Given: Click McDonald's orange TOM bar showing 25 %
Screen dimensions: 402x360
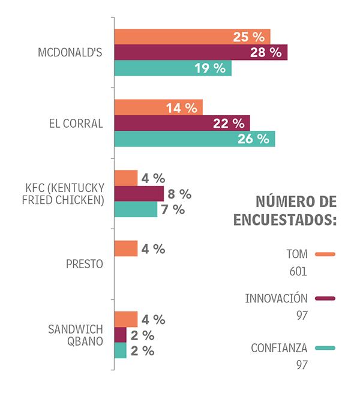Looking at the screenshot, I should click(x=192, y=37).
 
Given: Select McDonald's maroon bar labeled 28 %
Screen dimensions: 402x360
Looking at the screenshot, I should click(x=200, y=52).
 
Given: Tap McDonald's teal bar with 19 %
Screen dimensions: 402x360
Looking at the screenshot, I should click(x=173, y=68).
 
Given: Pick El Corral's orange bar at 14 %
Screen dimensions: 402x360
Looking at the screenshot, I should click(x=158, y=107).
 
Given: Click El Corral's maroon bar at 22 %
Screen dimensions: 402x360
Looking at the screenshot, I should click(x=182, y=123).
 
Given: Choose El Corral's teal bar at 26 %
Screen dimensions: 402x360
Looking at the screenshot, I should click(x=194, y=139).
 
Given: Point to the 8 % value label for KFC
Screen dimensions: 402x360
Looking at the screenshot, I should click(x=179, y=194).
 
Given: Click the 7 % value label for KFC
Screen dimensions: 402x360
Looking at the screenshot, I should click(x=173, y=209).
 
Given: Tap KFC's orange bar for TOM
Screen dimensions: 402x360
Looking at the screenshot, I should click(x=126, y=178).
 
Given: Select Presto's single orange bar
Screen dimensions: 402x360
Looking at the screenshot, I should click(x=126, y=248).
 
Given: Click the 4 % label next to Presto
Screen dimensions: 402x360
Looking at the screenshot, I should click(x=153, y=248).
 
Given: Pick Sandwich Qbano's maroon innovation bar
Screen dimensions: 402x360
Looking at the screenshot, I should click(x=121, y=335).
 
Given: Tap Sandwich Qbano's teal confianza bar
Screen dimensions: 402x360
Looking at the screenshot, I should click(x=121, y=350).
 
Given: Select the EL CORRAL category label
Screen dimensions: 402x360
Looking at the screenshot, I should click(x=76, y=124).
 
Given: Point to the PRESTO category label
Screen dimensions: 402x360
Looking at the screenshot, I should click(x=85, y=264).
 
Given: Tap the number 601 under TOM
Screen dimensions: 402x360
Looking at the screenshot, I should click(x=298, y=271).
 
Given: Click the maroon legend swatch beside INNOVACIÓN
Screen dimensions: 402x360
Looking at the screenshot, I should click(x=325, y=298).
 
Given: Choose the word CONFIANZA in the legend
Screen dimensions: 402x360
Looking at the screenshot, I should click(x=279, y=347).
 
